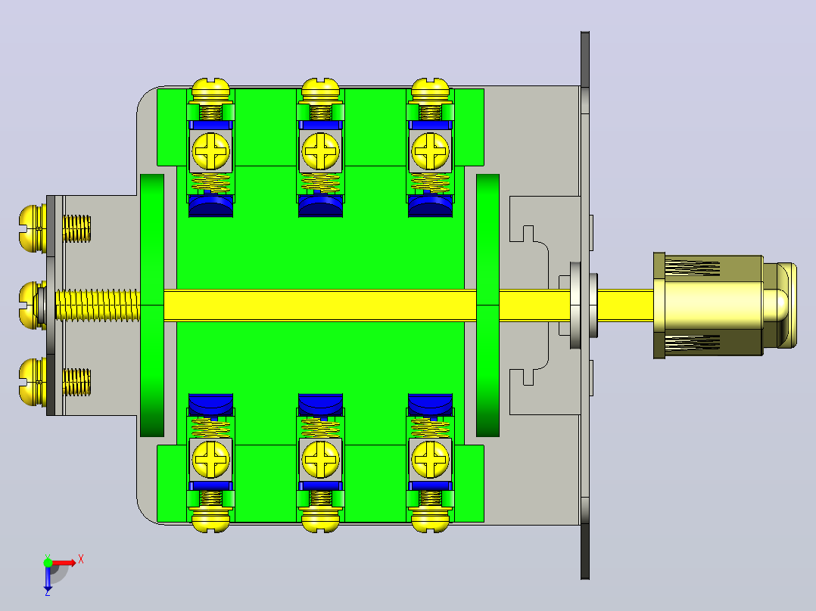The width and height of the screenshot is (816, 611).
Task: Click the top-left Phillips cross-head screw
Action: click(210, 151)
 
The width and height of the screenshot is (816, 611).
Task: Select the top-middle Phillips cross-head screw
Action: click(321, 151)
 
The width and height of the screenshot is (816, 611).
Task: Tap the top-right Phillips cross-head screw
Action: click(431, 151)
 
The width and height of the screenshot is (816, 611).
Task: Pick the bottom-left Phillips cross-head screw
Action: click(210, 460)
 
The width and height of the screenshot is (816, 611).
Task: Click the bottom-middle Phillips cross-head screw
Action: click(321, 460)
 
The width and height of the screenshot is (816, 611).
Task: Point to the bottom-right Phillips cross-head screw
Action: click(431, 460)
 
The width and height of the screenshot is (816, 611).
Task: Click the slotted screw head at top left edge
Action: click(210, 89)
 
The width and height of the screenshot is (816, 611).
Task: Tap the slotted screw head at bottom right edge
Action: click(431, 522)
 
